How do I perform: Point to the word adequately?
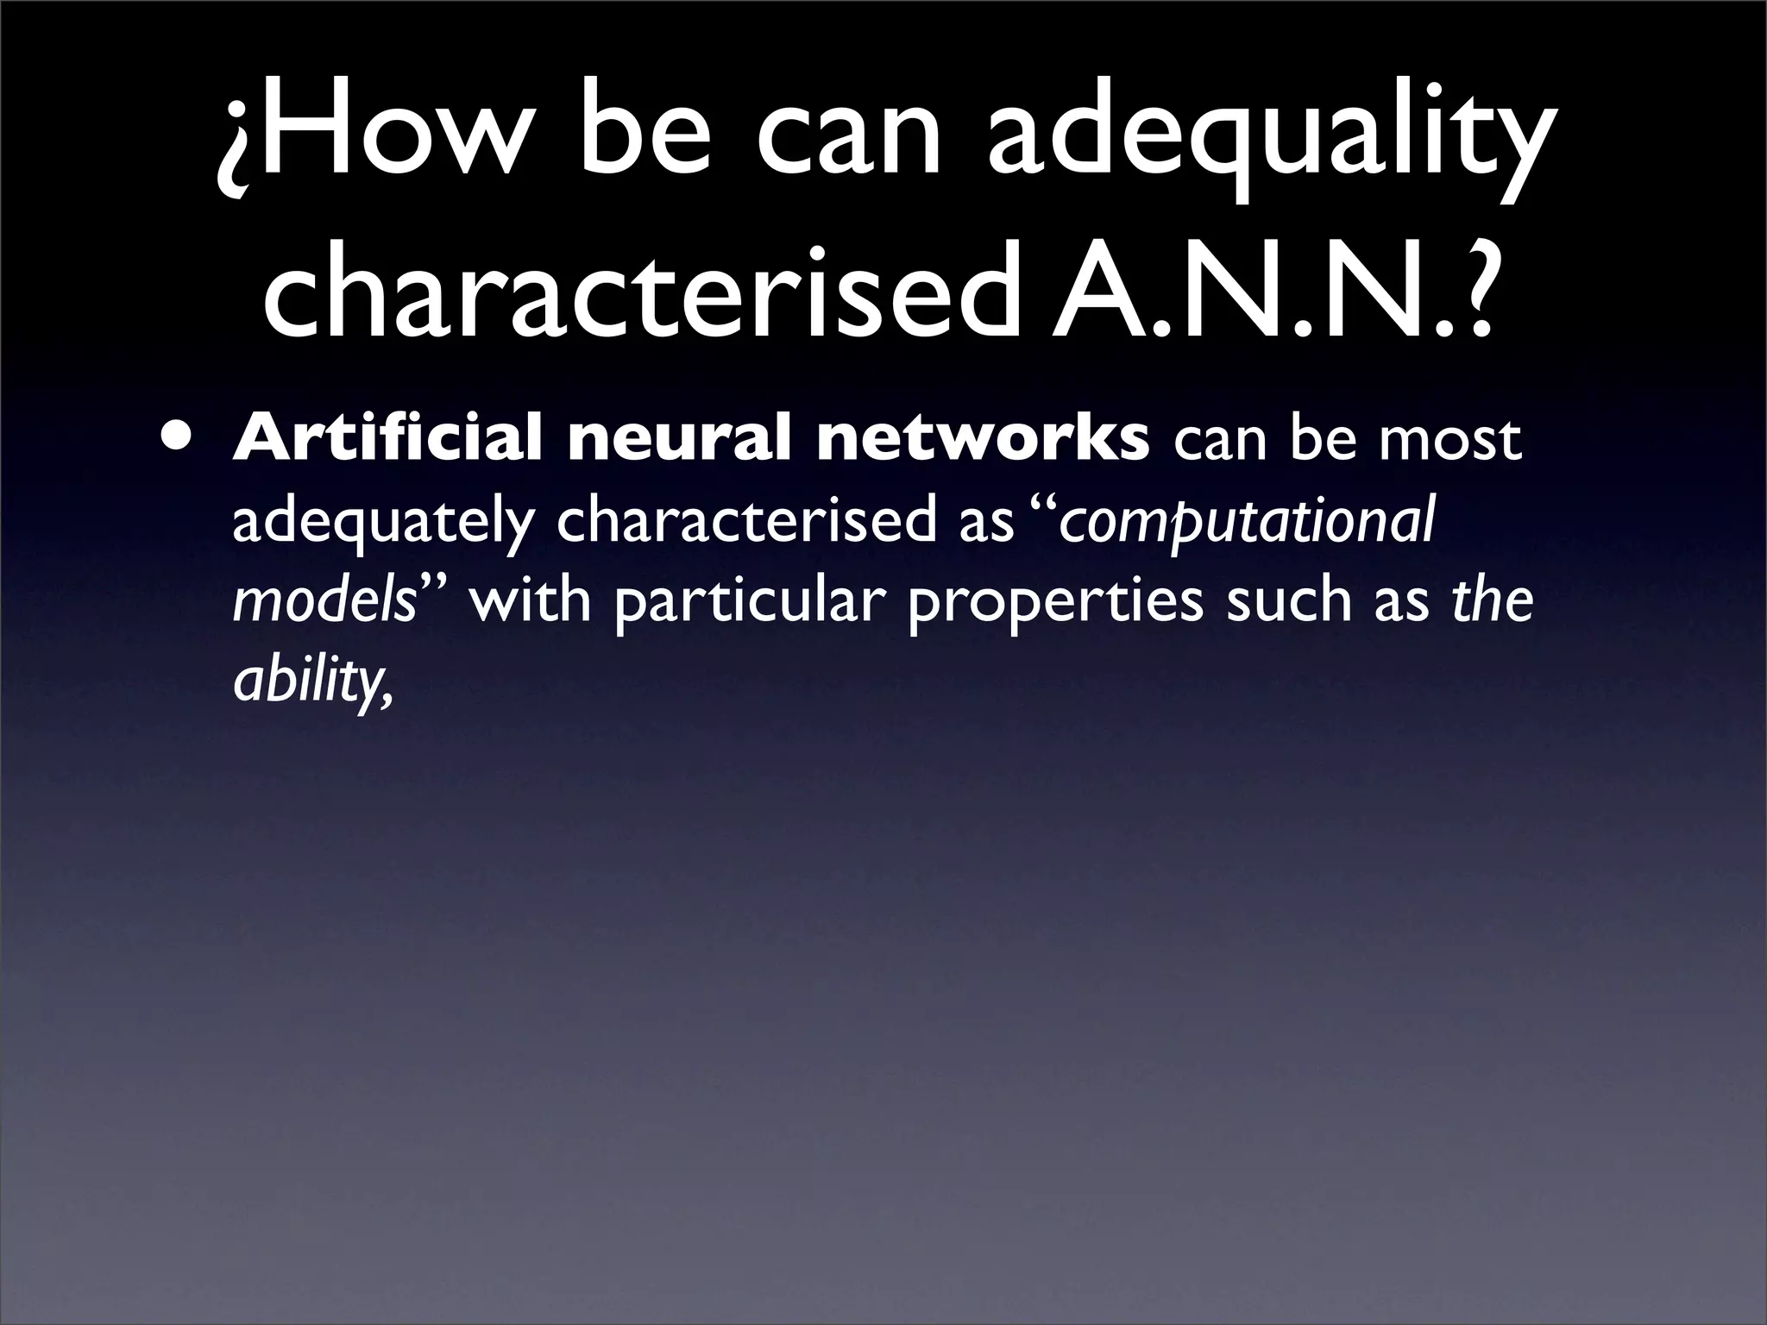tap(379, 524)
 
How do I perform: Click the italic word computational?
tap(1247, 524)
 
